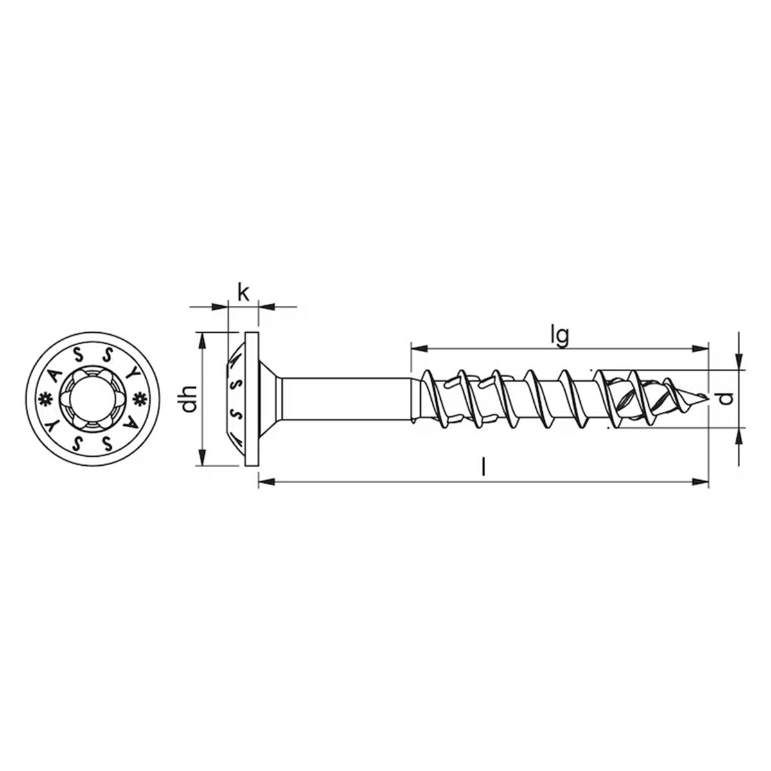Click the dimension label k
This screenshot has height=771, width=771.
point(244,293)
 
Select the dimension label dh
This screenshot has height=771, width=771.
point(190,399)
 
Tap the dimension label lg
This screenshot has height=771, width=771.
point(562,337)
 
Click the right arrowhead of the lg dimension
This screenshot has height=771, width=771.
point(700,348)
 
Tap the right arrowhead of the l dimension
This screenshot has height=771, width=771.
point(700,482)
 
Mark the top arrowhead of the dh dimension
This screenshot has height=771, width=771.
point(202,341)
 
